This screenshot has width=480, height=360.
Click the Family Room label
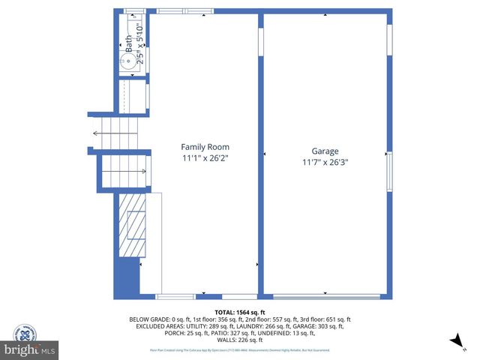point(205,147)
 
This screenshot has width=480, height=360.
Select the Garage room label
point(325,150)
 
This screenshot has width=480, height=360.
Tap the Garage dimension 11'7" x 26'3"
point(325,161)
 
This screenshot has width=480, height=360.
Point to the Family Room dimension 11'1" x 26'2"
point(205,158)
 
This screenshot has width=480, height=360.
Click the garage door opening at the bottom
point(325,296)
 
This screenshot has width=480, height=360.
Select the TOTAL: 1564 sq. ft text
point(241,312)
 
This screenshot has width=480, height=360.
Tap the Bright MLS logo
point(30,349)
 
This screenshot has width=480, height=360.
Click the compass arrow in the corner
point(454,342)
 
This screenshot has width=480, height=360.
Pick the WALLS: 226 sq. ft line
point(240,340)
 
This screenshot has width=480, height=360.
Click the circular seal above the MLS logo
point(25,332)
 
